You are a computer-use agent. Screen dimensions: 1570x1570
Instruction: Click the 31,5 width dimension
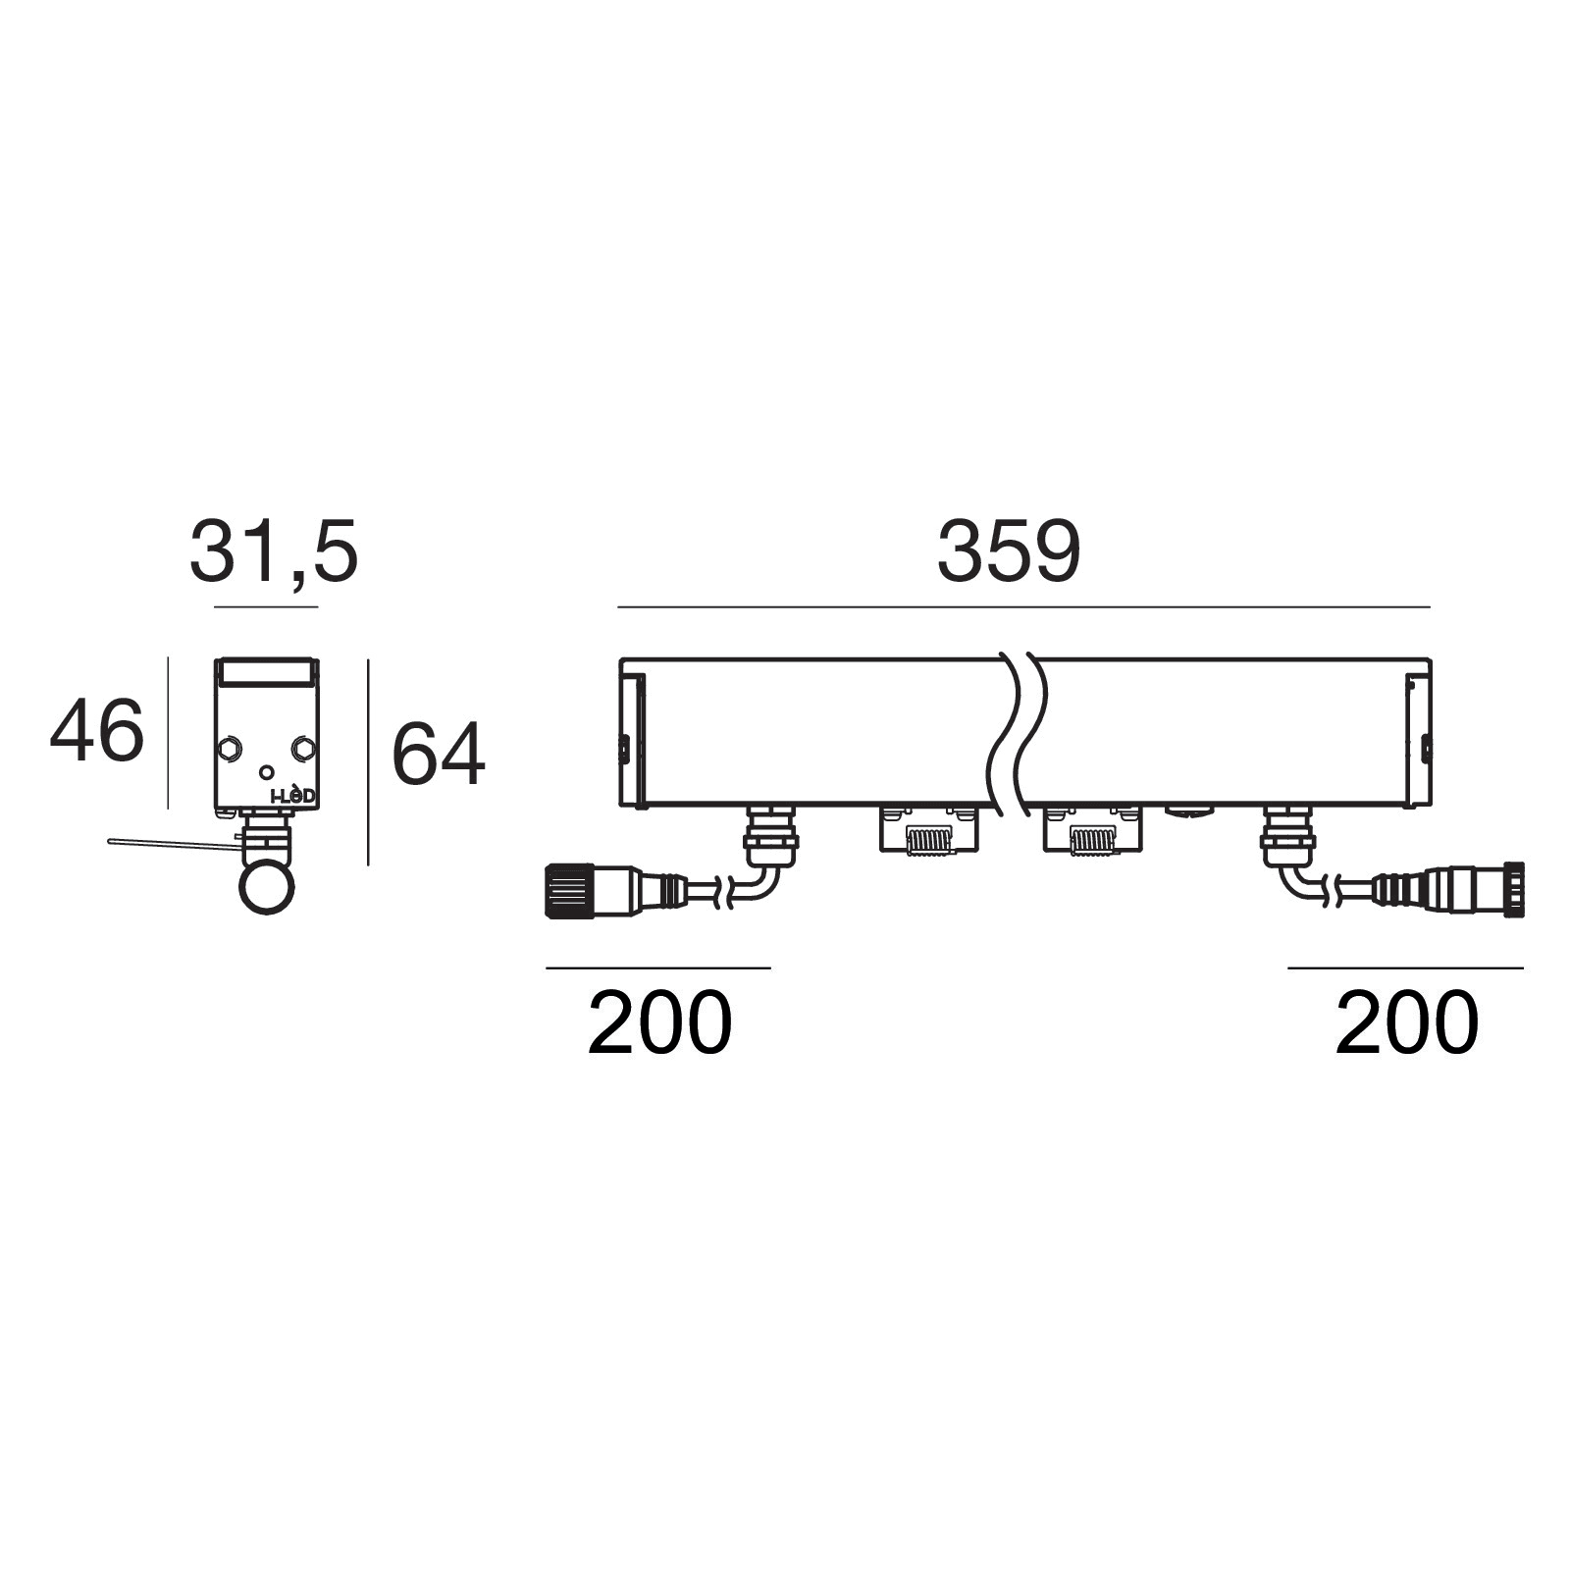pyautogui.click(x=274, y=552)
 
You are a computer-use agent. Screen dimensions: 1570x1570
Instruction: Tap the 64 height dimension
pyautogui.click(x=439, y=754)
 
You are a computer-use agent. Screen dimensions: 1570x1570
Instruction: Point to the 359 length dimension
pyautogui.click(x=1009, y=552)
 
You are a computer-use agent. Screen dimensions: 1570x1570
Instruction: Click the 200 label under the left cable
pyautogui.click(x=659, y=1022)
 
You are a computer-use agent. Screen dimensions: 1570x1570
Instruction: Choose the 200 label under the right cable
pyautogui.click(x=1406, y=1022)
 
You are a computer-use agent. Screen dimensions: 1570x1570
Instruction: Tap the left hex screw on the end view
pyautogui.click(x=231, y=749)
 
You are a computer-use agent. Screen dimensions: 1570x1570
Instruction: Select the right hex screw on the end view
pyautogui.click(x=302, y=749)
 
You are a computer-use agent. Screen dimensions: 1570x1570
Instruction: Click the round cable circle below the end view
pyautogui.click(x=267, y=887)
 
